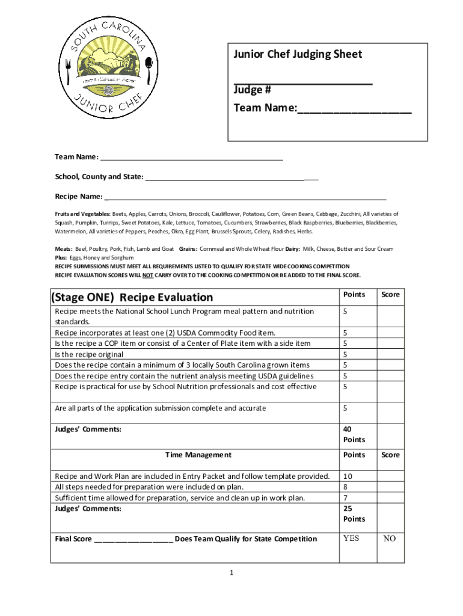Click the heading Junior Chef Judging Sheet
coord(298,55)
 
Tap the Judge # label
coord(252,90)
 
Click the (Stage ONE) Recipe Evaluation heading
coord(132,297)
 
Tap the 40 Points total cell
coord(354,435)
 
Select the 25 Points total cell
coord(354,513)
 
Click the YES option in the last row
coord(351,538)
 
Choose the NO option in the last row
coord(390,539)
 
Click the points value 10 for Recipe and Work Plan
coord(348,476)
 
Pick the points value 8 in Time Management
coord(345,487)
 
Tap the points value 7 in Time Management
coord(345,498)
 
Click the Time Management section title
coord(198,455)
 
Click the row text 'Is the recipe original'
coord(89,354)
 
